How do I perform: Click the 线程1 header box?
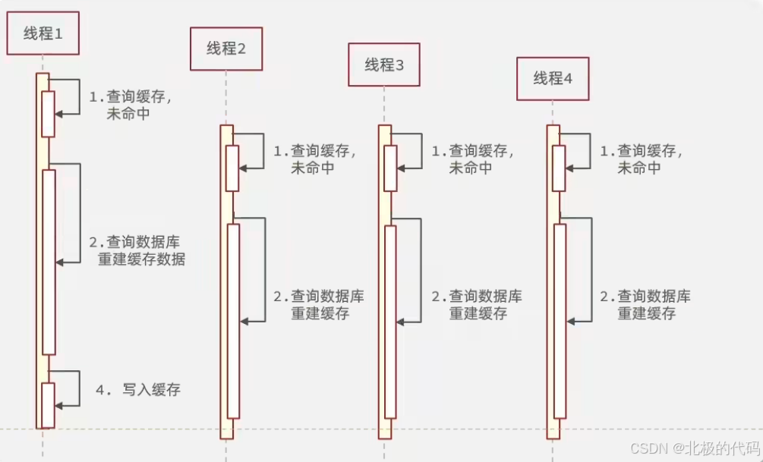(43, 33)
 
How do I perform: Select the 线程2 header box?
(226, 49)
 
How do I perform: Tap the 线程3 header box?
(384, 64)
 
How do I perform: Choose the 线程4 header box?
(553, 79)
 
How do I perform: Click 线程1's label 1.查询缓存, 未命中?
(130, 105)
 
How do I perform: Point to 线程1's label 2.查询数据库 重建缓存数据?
(137, 250)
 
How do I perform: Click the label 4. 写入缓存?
(138, 390)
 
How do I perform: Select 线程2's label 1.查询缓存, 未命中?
(314, 159)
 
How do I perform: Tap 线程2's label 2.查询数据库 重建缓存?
(319, 304)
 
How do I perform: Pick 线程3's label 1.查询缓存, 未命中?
(472, 159)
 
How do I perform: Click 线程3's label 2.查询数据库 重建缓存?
(477, 304)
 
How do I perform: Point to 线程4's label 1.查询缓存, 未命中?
(641, 159)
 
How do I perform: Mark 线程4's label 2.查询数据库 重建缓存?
(645, 304)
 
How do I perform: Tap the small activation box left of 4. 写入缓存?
(48, 405)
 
